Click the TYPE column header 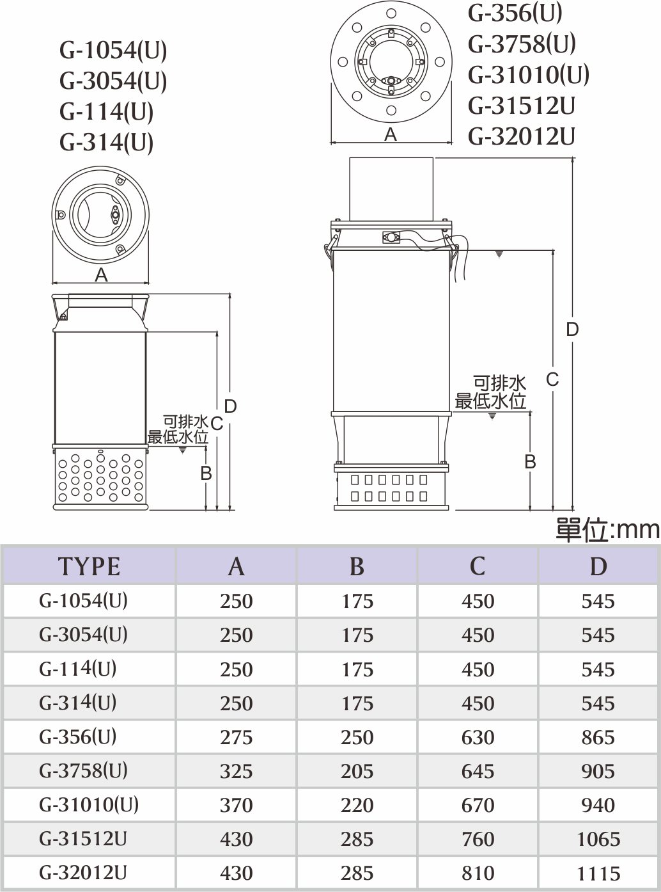[89, 567]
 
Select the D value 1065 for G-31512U [598, 840]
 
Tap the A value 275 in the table [237, 737]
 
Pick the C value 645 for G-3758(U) [478, 771]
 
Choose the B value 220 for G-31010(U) [357, 805]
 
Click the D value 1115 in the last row [598, 873]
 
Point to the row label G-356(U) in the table [77, 737]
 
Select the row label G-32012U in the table [82, 873]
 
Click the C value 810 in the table [478, 873]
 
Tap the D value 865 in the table [598, 737]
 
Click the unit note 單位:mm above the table [607, 530]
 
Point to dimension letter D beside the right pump [572, 330]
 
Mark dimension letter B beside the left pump [206, 474]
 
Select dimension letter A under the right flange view [391, 134]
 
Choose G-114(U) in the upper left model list [107, 112]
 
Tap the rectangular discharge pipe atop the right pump [391, 189]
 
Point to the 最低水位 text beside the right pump [490, 401]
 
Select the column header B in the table [357, 567]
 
